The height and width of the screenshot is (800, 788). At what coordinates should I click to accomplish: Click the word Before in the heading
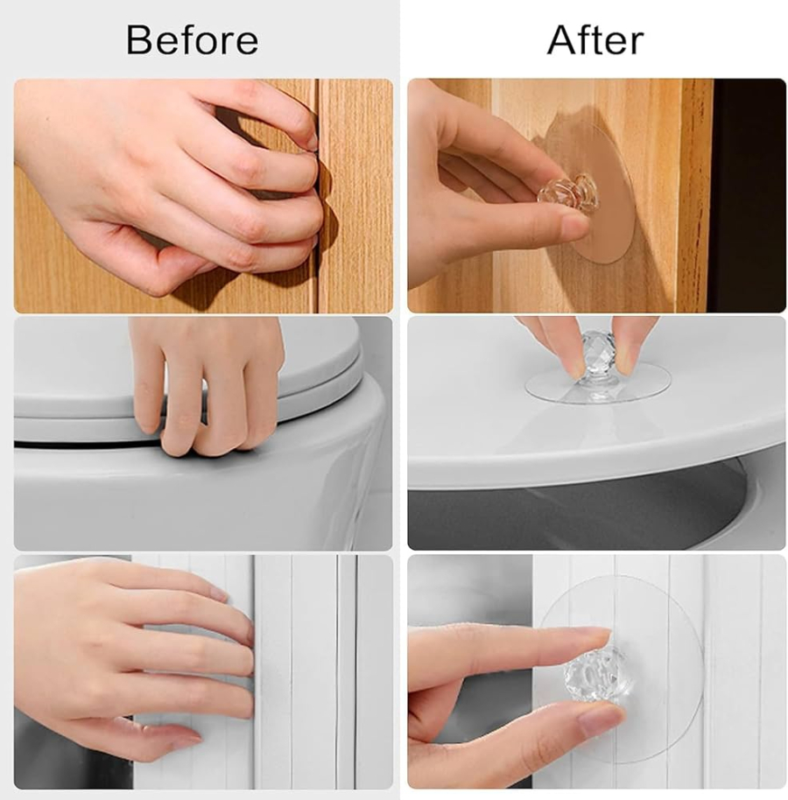192,39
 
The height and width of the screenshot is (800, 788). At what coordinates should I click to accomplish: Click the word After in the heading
595,39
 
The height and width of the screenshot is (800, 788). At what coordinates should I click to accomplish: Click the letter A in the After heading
561,39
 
